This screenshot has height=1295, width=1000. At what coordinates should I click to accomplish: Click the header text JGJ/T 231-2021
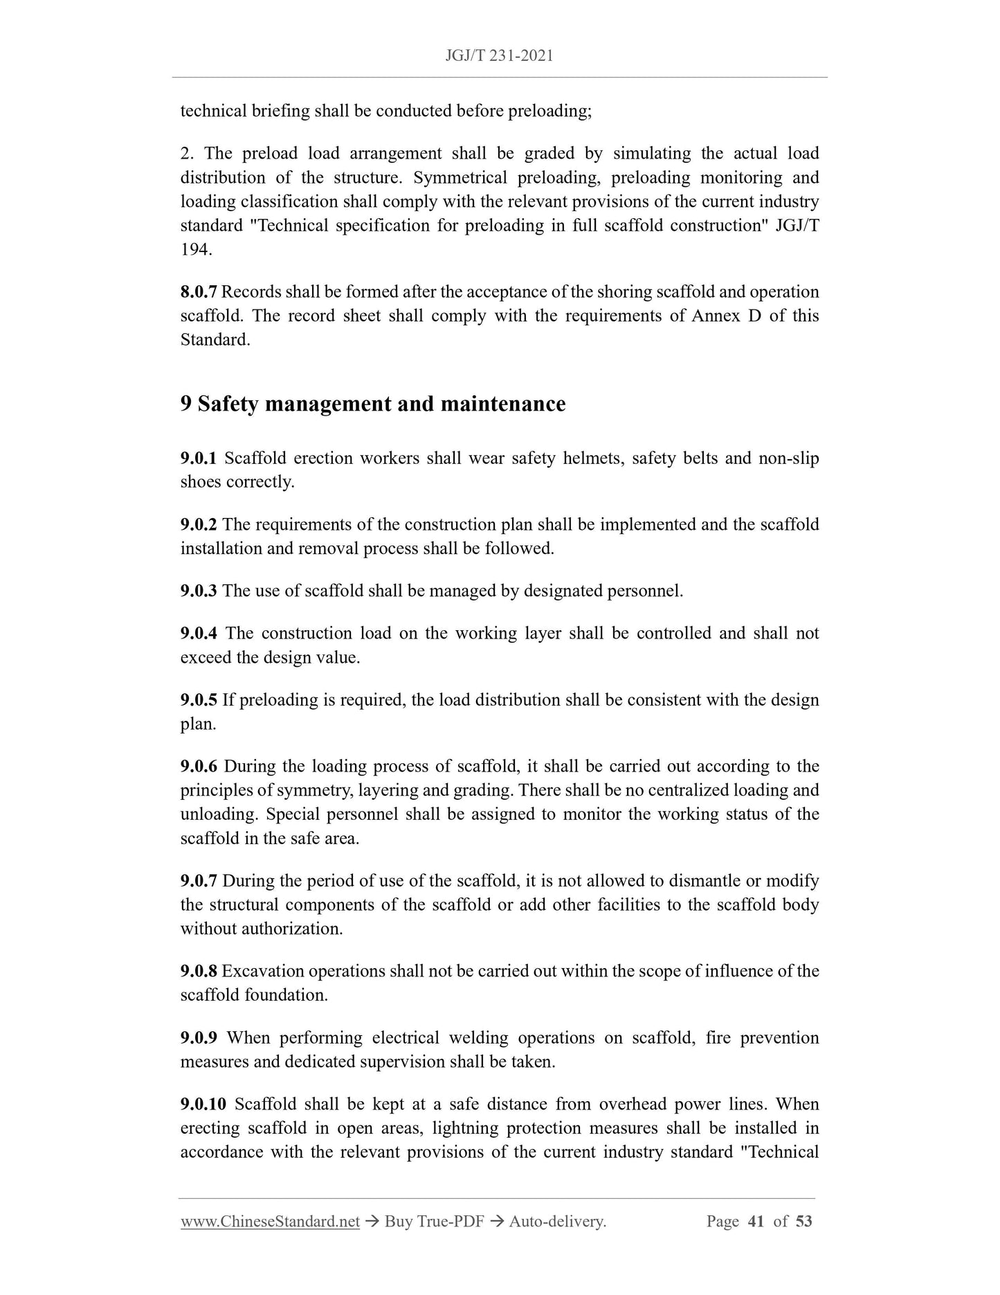500,56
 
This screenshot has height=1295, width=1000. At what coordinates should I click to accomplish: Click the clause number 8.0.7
198,292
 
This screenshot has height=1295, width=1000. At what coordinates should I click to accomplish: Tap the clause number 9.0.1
198,458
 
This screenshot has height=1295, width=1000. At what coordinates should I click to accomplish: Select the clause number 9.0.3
198,591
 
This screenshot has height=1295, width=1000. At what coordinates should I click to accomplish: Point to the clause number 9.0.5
198,700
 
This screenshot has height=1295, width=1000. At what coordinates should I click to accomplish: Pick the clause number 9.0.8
198,971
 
